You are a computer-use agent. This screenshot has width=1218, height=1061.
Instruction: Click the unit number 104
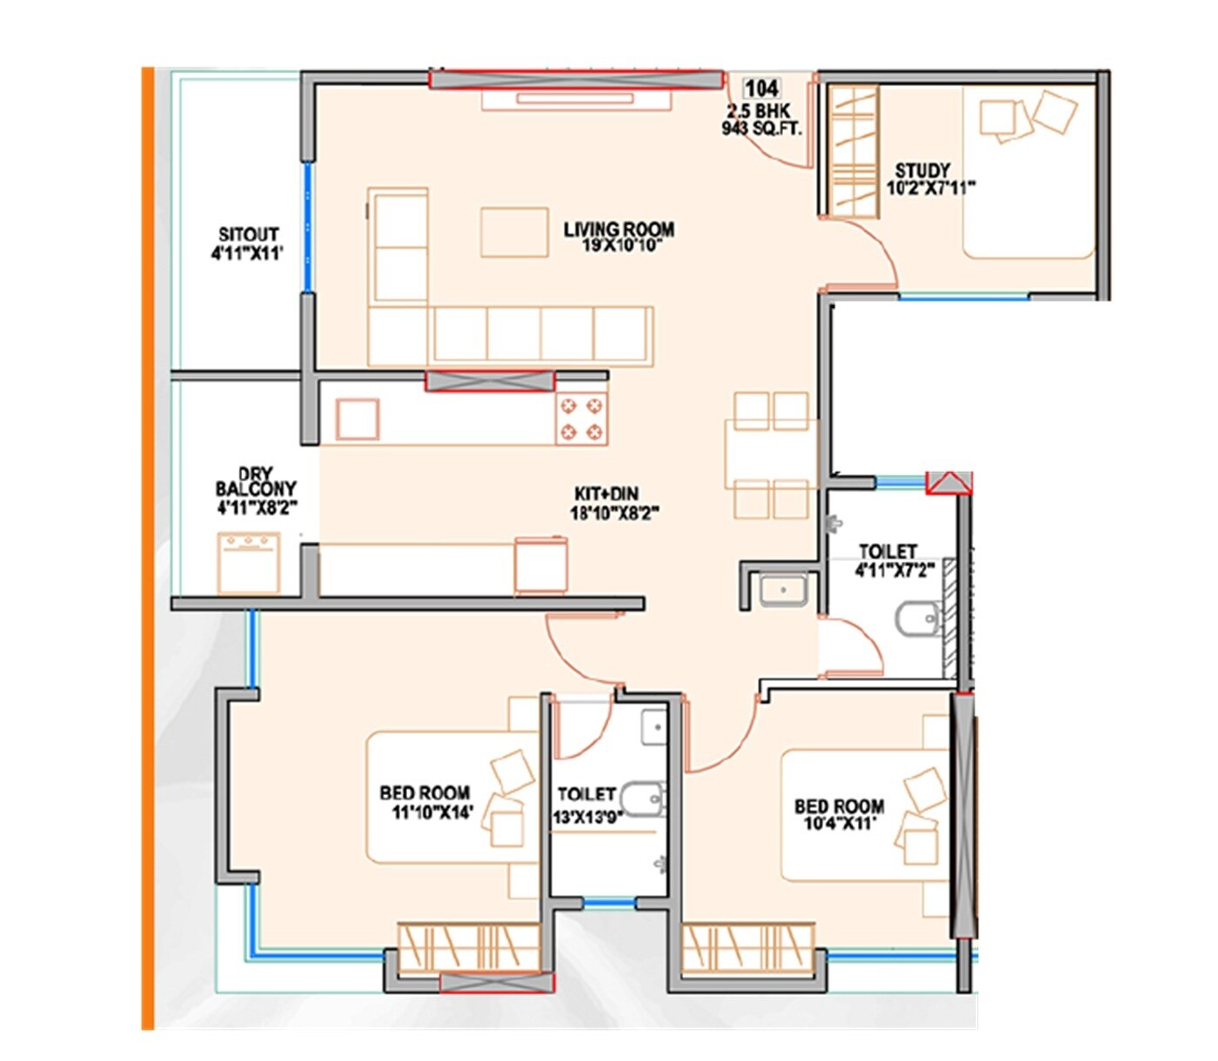pyautogui.click(x=761, y=88)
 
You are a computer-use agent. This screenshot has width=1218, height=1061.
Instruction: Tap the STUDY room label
pyautogui.click(x=922, y=170)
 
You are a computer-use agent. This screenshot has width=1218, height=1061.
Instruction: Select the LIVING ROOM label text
pyautogui.click(x=619, y=230)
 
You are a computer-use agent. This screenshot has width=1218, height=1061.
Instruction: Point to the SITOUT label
pyautogui.click(x=248, y=235)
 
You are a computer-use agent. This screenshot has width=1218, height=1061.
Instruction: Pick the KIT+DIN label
pyautogui.click(x=606, y=494)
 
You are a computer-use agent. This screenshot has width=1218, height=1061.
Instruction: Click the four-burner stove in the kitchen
pyautogui.click(x=581, y=418)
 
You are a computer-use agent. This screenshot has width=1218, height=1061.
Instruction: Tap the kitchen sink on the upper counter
pyautogui.click(x=358, y=419)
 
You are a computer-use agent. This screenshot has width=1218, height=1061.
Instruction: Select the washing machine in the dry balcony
pyautogui.click(x=249, y=563)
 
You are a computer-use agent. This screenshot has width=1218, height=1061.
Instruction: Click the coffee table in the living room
pyautogui.click(x=514, y=232)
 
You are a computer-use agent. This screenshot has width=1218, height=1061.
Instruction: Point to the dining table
pyautogui.click(x=771, y=455)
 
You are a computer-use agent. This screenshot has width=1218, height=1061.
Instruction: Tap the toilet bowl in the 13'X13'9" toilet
pyautogui.click(x=646, y=797)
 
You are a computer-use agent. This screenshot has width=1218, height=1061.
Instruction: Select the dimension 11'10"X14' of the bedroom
pyautogui.click(x=432, y=813)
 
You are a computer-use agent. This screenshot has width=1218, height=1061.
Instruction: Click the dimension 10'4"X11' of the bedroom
pyautogui.click(x=840, y=823)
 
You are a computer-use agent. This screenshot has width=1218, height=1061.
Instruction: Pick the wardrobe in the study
pyautogui.click(x=852, y=150)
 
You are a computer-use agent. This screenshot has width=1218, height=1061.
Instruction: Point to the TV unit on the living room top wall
pyautogui.click(x=577, y=99)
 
